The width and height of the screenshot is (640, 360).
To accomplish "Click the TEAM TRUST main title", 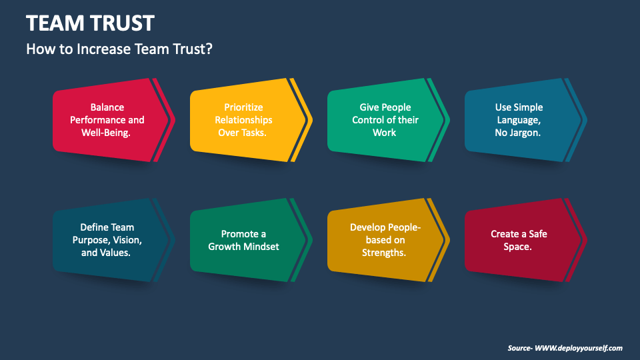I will [90, 23].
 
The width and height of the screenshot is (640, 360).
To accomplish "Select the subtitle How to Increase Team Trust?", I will [119, 49].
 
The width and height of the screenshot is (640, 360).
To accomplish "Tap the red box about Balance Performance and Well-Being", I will [107, 120].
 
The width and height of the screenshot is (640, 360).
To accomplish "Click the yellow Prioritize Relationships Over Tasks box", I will [244, 120].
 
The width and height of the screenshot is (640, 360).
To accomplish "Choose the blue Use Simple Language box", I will [519, 120].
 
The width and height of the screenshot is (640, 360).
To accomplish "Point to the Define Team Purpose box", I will [107, 239].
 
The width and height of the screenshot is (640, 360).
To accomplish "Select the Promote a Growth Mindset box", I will [244, 240].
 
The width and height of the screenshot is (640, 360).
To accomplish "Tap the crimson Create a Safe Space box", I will [519, 240].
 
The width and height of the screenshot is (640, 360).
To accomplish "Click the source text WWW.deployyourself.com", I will [579, 348].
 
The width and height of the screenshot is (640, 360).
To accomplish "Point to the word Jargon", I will [527, 133].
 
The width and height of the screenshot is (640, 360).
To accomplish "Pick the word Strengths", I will [384, 253].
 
